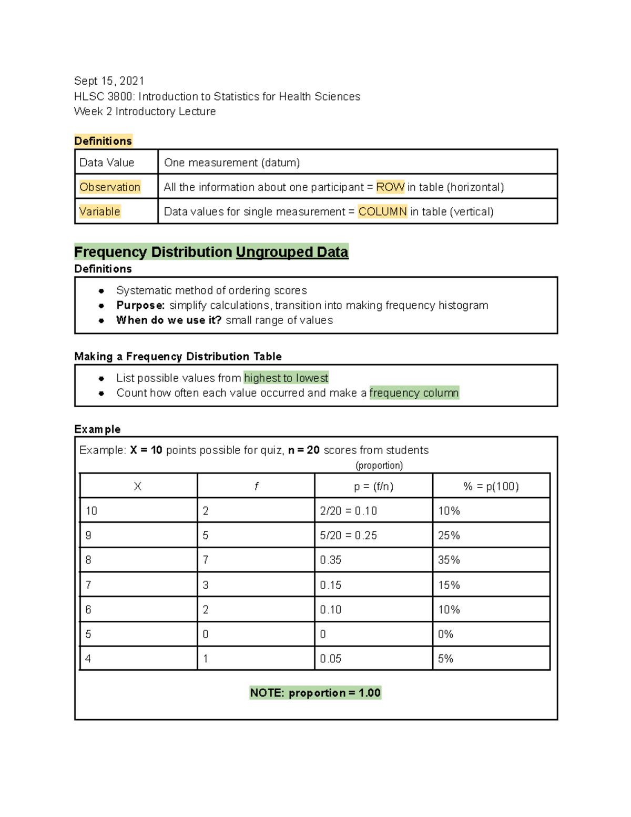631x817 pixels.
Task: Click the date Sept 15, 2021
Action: point(109,81)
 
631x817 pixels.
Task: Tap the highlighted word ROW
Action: point(390,187)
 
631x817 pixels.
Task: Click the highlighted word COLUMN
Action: point(382,211)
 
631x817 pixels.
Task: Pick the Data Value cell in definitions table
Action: point(107,163)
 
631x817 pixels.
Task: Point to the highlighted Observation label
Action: point(110,187)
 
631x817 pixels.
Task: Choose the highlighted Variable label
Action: point(100,211)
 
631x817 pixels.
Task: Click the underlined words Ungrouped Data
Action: point(292,252)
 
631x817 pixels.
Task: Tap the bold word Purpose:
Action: point(140,306)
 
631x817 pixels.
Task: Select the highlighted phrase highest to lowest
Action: point(286,378)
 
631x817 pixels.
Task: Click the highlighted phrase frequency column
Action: point(414,393)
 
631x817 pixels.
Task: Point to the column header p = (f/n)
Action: point(373,487)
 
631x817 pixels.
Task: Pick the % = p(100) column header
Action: point(491,487)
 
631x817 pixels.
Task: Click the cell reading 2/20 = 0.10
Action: point(348,511)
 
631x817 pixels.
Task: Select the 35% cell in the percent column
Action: point(449,560)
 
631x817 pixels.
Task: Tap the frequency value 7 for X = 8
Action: point(206,560)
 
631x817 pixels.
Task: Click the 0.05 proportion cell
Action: point(331,659)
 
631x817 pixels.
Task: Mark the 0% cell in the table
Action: point(445,634)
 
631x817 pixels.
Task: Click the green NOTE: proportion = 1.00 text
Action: point(315,693)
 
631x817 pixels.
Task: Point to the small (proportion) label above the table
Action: point(379,466)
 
